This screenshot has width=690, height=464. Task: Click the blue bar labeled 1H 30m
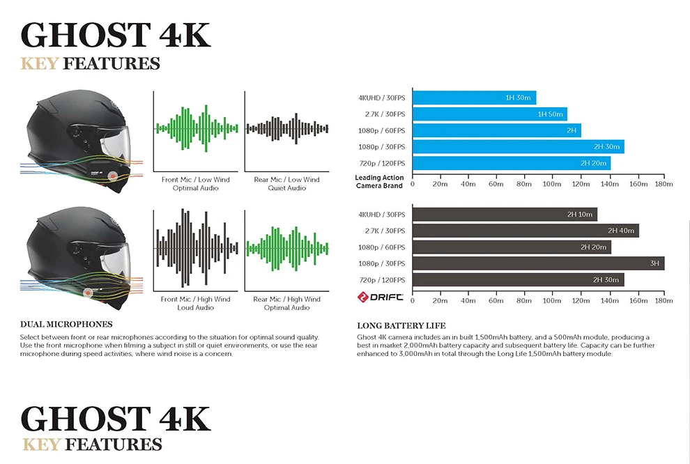(x=474, y=98)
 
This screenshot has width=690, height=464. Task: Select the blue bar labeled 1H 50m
(x=489, y=114)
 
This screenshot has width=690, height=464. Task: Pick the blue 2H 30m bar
(x=518, y=146)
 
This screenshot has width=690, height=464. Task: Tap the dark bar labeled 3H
(x=538, y=263)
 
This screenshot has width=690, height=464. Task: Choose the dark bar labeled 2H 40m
(x=526, y=231)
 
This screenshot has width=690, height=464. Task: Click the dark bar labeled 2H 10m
(x=505, y=215)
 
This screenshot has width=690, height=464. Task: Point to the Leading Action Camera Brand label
(x=379, y=182)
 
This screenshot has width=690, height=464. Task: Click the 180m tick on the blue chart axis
(x=664, y=184)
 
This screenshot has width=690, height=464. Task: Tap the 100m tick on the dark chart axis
(x=551, y=301)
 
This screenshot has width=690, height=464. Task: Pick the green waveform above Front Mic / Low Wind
(x=197, y=128)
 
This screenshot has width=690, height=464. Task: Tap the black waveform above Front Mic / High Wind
(x=197, y=248)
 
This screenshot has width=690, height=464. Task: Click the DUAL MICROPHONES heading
(x=66, y=325)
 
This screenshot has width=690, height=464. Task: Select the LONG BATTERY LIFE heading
(x=401, y=325)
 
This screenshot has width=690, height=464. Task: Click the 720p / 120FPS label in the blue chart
(x=381, y=163)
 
